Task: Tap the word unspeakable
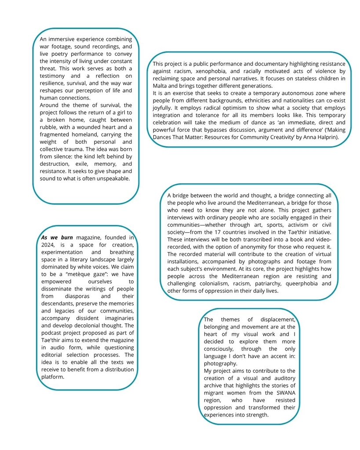113,178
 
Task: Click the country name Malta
161,86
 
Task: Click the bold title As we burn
57,237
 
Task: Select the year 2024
48,245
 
